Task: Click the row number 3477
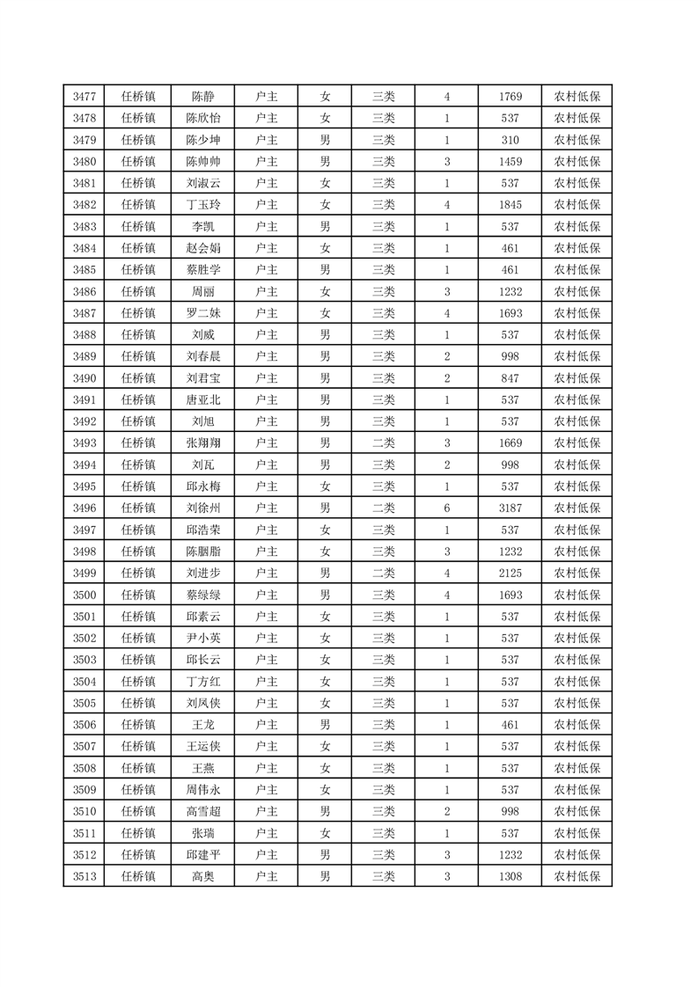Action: point(84,97)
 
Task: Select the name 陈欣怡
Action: point(203,118)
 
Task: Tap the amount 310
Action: point(510,140)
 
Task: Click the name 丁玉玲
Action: point(203,205)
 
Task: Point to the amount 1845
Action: point(510,205)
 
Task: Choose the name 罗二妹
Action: point(203,313)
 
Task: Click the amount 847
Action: point(510,378)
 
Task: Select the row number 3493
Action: point(84,442)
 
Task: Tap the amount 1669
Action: point(510,442)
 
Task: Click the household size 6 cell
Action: point(447,508)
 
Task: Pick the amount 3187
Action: point(510,508)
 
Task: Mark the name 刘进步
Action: point(203,573)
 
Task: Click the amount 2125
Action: point(510,573)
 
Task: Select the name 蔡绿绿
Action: point(203,595)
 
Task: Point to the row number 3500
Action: point(84,595)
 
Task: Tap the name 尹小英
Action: point(203,638)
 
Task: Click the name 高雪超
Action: point(203,811)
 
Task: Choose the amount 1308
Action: point(510,876)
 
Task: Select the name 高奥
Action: point(203,876)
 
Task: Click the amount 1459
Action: point(510,162)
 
